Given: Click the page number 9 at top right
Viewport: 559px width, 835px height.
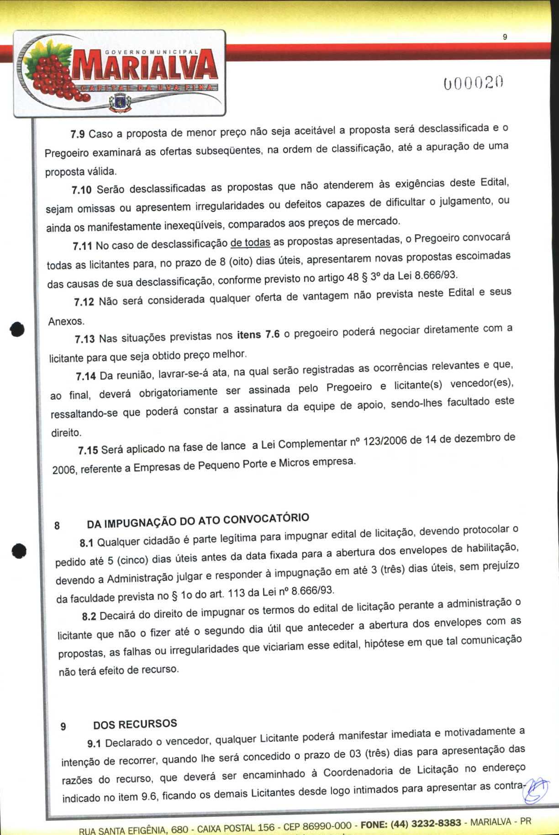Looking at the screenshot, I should [x=504, y=37].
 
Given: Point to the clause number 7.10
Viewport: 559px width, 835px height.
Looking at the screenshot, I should [x=82, y=190].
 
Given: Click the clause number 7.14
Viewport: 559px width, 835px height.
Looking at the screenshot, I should [x=86, y=376].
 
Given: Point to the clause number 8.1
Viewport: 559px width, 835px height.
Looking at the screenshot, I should [x=86, y=543].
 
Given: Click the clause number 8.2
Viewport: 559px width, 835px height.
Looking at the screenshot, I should [x=89, y=617].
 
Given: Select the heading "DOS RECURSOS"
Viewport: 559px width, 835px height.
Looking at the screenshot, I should [x=135, y=724].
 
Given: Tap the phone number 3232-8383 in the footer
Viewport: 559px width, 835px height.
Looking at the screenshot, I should [x=436, y=824].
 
